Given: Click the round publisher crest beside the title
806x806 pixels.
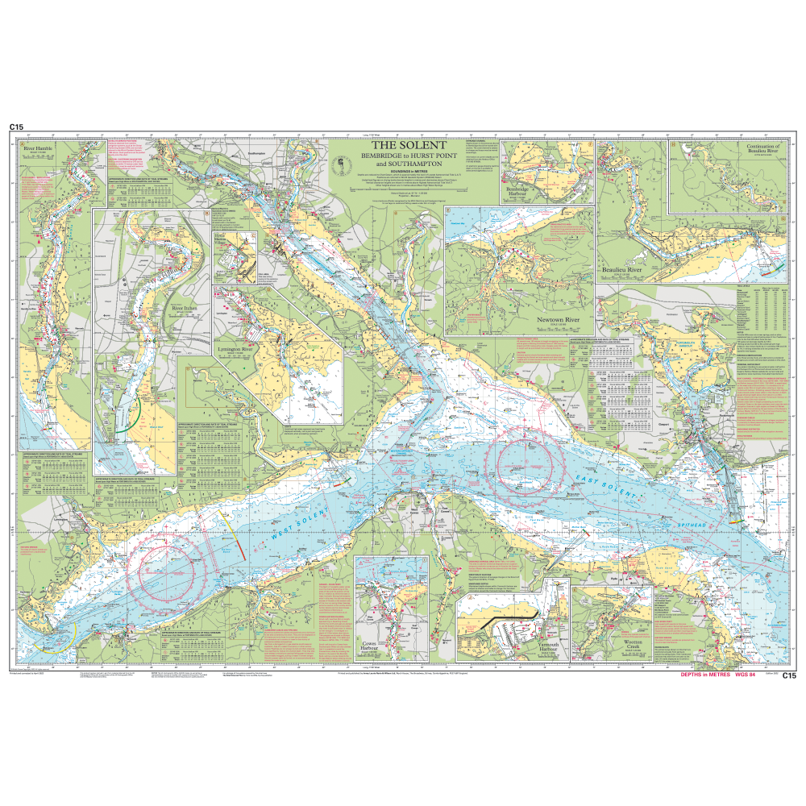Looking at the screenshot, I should [x=339, y=165].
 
